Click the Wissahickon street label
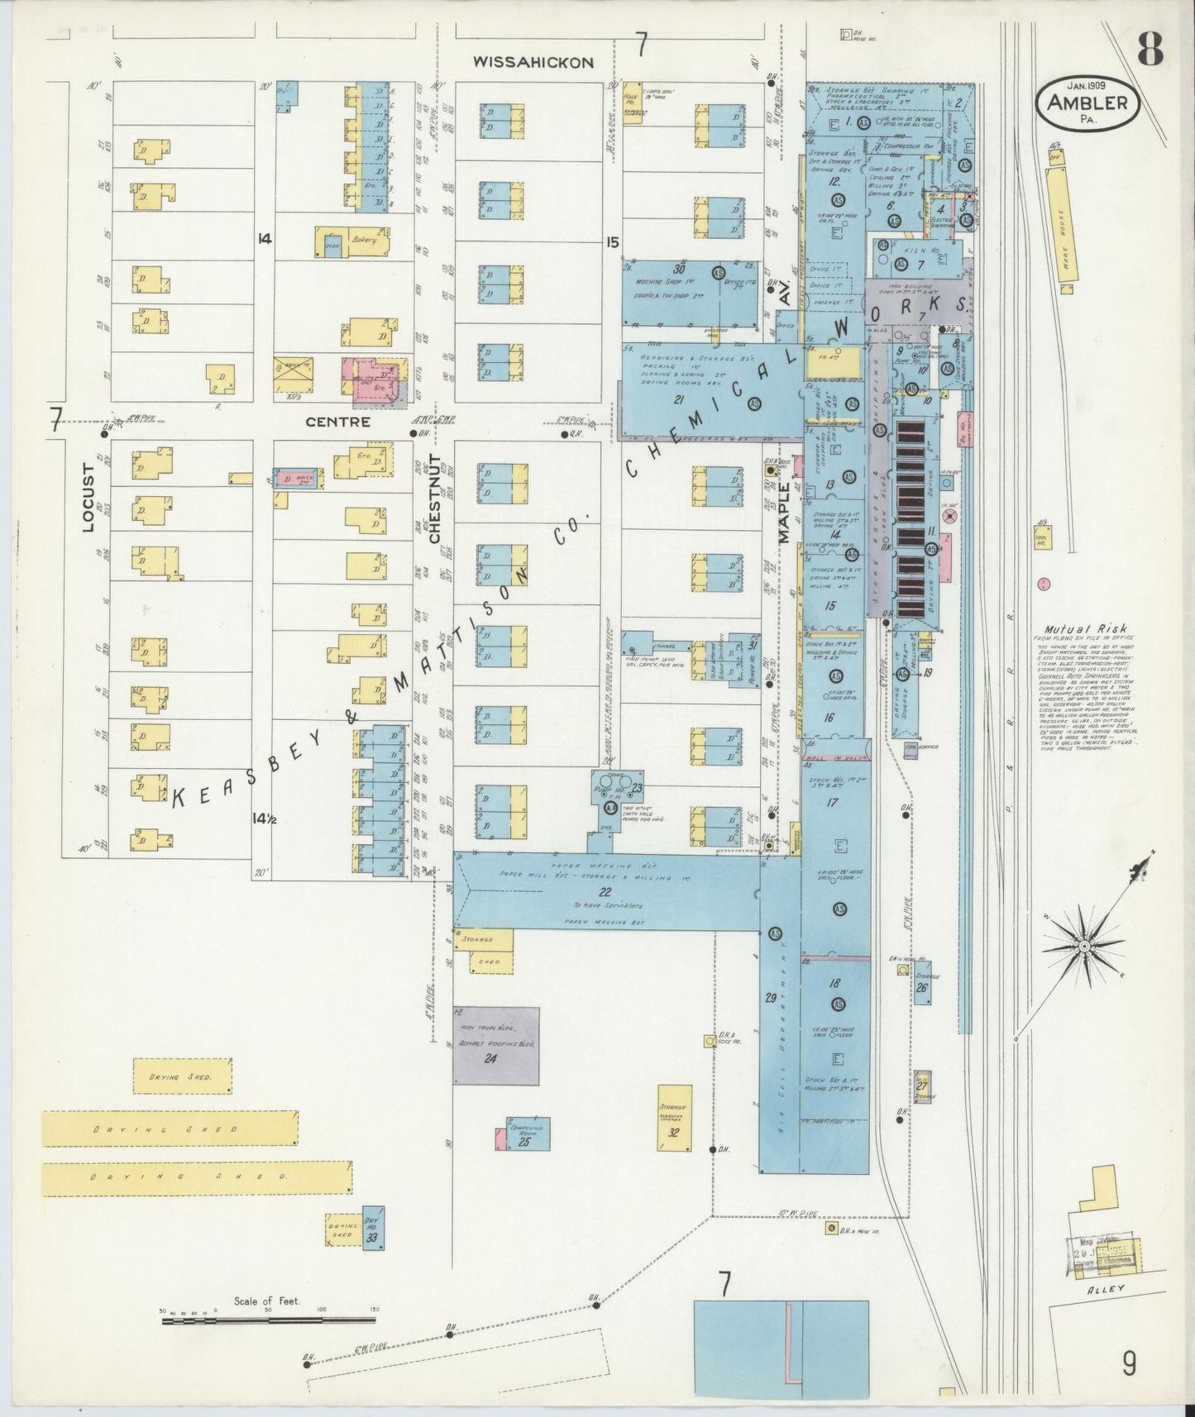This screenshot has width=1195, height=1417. coord(533,62)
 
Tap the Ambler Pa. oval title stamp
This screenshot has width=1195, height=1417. coord(1087,104)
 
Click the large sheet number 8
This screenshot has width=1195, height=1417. coord(1150,51)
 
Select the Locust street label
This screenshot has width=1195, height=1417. coord(89,503)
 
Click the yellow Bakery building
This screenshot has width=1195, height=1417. coord(352,242)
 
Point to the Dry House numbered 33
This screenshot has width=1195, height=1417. coord(373,1228)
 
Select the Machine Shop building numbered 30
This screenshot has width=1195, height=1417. coord(678,293)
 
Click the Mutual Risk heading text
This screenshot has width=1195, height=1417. coord(1074,627)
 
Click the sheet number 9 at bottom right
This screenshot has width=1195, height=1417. coord(1130,1362)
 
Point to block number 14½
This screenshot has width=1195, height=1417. coord(264,818)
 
